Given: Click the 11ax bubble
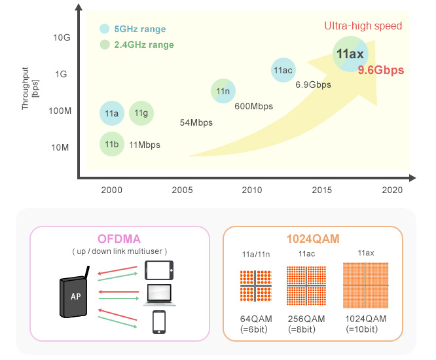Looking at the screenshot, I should click(349, 54).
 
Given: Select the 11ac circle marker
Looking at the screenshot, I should click(283, 70).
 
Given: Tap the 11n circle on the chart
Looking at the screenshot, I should click(223, 92).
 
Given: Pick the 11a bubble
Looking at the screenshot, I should click(112, 113).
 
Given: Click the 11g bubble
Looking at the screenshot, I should click(141, 113).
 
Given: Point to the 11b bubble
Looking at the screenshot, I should click(112, 144).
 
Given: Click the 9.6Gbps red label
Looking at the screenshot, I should click(380, 69).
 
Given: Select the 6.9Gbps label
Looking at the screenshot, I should click(313, 84).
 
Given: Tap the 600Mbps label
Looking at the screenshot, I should click(253, 106).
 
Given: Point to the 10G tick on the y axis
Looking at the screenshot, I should click(61, 38).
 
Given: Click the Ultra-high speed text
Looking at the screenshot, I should click(363, 26).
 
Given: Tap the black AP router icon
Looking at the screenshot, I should click(76, 297).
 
